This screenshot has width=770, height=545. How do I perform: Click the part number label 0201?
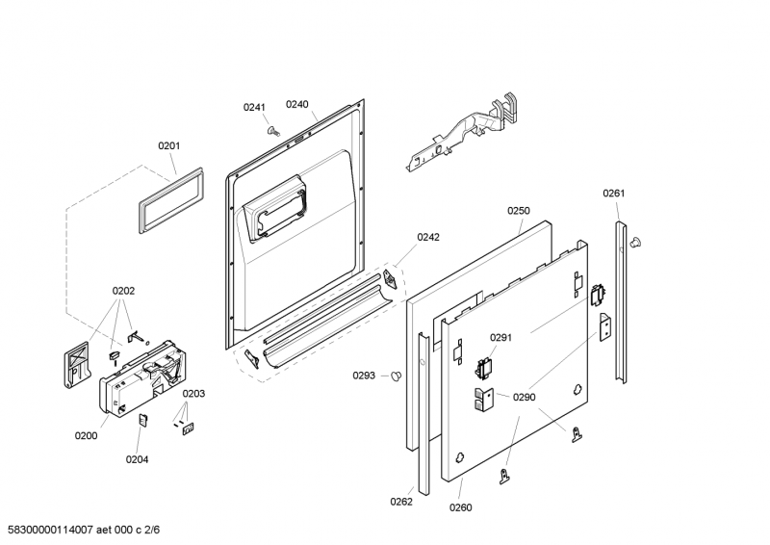pos(169,146)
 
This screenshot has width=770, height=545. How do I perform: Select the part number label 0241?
pos(253,107)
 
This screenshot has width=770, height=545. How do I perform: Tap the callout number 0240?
pos(296,104)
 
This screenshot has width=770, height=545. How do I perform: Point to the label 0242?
pos(428,237)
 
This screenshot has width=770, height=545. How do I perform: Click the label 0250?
pos(519,210)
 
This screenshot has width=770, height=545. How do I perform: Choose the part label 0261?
pos(614,194)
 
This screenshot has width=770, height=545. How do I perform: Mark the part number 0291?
pos(500,337)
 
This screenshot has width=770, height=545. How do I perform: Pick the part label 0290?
pos(524,397)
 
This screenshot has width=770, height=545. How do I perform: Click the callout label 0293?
pos(365,376)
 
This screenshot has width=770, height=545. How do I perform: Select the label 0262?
pos(402,501)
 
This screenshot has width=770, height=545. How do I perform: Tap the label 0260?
pos(461,507)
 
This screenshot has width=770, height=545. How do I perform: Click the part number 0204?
pos(137,459)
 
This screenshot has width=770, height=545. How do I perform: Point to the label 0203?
pos(193,393)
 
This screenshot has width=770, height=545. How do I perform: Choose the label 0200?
pos(87,435)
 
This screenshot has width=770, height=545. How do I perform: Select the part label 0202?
pos(123,290)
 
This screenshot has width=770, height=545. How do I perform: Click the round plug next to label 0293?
pos(394,376)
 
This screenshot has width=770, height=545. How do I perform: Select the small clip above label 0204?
pos(141,419)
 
